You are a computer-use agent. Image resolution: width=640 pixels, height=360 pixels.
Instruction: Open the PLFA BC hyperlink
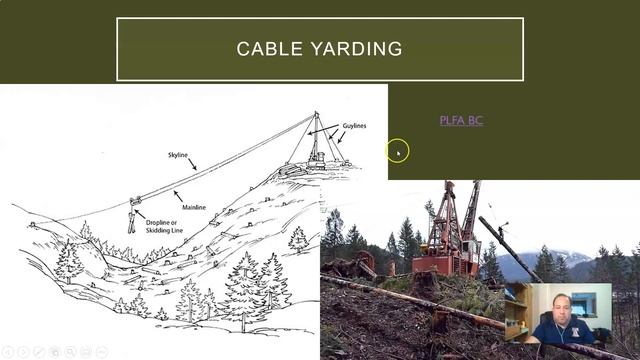[x=461, y=120]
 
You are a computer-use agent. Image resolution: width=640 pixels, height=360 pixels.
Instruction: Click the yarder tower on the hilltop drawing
[x=316, y=140]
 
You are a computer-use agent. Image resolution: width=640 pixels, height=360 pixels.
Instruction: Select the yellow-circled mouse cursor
[x=397, y=151]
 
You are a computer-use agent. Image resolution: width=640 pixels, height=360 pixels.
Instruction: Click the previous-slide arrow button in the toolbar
[x=9, y=352]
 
